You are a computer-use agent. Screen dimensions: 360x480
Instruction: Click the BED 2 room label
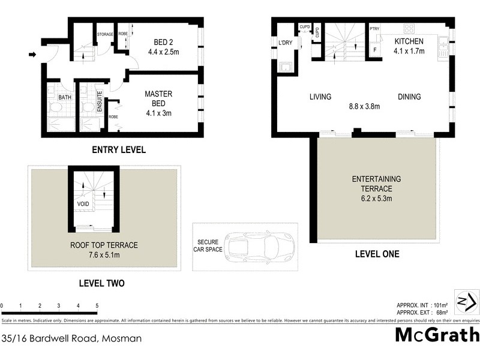(x=163, y=42)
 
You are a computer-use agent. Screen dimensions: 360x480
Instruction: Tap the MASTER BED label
(x=158, y=94)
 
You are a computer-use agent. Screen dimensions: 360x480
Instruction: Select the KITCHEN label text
(x=409, y=41)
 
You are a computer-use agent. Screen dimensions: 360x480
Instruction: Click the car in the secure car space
(x=259, y=247)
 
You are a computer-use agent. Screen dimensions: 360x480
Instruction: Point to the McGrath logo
(x=437, y=335)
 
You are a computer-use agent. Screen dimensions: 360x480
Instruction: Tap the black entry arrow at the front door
(x=32, y=56)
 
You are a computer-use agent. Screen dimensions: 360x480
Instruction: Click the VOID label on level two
(x=83, y=204)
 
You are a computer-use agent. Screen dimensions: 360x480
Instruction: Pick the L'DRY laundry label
(x=284, y=42)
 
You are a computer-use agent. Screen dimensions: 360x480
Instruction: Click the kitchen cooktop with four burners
(x=410, y=28)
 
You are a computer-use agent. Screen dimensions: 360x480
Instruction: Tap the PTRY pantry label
(x=374, y=28)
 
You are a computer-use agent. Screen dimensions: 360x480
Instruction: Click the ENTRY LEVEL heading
(x=118, y=150)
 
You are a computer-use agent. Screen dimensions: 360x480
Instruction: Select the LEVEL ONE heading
(x=376, y=254)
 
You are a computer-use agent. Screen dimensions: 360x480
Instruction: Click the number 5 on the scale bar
(x=97, y=306)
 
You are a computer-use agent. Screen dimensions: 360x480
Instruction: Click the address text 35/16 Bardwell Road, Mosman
(x=71, y=338)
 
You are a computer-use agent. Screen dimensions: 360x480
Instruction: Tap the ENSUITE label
(x=100, y=101)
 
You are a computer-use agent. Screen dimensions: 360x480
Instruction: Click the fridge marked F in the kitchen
(x=375, y=49)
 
